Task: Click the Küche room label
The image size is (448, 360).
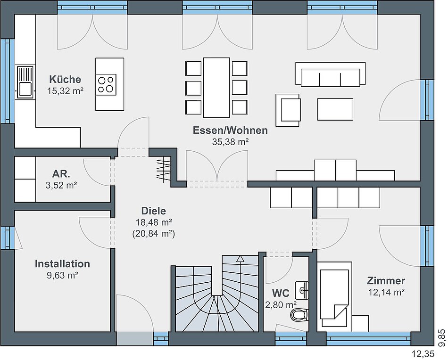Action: pyautogui.click(x=65, y=79)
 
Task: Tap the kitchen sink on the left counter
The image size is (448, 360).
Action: pyautogui.click(x=25, y=82)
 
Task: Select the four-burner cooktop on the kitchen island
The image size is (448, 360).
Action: pyautogui.click(x=106, y=84)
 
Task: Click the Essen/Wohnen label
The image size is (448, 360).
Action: pyautogui.click(x=230, y=130)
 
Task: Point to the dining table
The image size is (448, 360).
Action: pyautogui.click(x=216, y=88)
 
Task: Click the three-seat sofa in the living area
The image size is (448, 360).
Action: pyautogui.click(x=330, y=74)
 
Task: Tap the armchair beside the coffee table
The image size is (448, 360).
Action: pyautogui.click(x=288, y=110)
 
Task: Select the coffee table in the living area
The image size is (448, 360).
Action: pyautogui.click(x=335, y=109)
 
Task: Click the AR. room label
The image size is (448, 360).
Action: pyautogui.click(x=61, y=173)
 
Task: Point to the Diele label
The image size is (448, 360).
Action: pyautogui.click(x=153, y=211)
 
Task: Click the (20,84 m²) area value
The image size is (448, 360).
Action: pyautogui.click(x=153, y=234)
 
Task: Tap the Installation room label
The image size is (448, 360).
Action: pyautogui.click(x=62, y=263)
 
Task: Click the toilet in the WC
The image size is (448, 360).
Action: pyautogui.click(x=299, y=315)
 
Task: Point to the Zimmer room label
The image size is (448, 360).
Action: pyautogui.click(x=386, y=281)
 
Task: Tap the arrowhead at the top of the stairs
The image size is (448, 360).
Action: pyautogui.click(x=241, y=259)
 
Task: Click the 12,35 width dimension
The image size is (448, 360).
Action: pyautogui.click(x=423, y=354)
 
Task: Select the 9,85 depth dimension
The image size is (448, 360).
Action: pyautogui.click(x=441, y=338)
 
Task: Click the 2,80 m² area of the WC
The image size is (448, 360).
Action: pyautogui.click(x=281, y=305)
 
